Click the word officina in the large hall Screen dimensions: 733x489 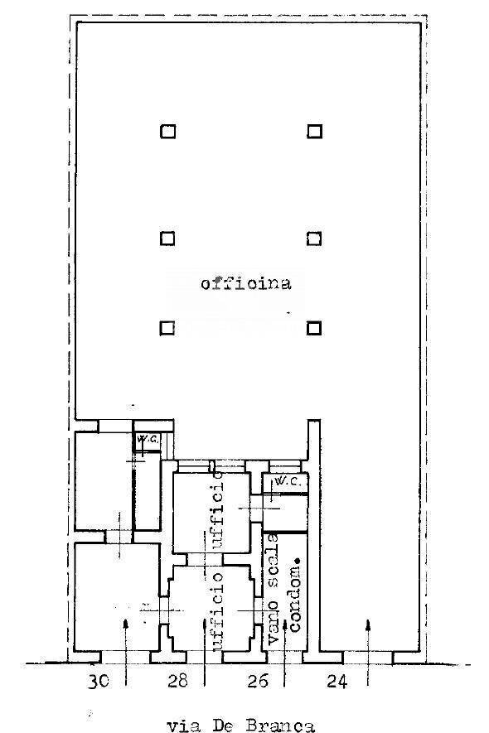pyautogui.click(x=245, y=284)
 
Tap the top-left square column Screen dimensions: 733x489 pyautogui.click(x=167, y=131)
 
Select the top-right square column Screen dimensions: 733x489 pyautogui.click(x=314, y=131)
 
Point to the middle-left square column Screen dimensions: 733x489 pyautogui.click(x=167, y=239)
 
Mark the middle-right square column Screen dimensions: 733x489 pyautogui.click(x=314, y=239)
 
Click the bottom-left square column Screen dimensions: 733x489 pyautogui.click(x=167, y=328)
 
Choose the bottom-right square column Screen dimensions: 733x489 pyautogui.click(x=314, y=328)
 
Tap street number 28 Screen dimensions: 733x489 pyautogui.click(x=177, y=682)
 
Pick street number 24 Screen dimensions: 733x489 pyautogui.click(x=336, y=682)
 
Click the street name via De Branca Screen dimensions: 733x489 pyautogui.click(x=240, y=726)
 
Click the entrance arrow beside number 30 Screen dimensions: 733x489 pyautogui.click(x=125, y=646)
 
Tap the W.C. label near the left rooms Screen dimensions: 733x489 pyautogui.click(x=148, y=439)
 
